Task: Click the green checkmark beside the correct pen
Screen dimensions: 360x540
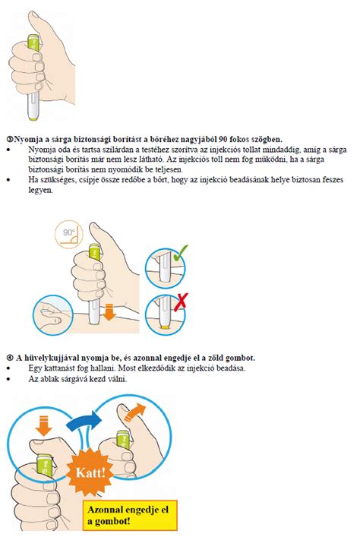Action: (180, 254)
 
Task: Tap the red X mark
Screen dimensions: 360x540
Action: (181, 302)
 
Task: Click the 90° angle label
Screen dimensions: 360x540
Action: (69, 234)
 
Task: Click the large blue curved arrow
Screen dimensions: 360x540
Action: (84, 421)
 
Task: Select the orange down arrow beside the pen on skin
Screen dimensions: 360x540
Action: (109, 312)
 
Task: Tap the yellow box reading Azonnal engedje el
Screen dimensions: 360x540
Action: (130, 515)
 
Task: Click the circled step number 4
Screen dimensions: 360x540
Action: (10, 358)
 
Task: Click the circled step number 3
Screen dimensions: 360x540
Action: (10, 140)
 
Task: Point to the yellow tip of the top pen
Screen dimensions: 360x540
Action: (33, 118)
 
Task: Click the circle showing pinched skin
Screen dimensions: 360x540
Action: (52, 314)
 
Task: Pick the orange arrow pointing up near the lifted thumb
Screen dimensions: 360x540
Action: (135, 411)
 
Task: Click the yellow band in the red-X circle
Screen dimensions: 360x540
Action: (166, 327)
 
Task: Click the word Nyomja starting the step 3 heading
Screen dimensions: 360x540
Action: (25, 140)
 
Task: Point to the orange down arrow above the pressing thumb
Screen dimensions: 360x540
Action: (44, 425)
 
